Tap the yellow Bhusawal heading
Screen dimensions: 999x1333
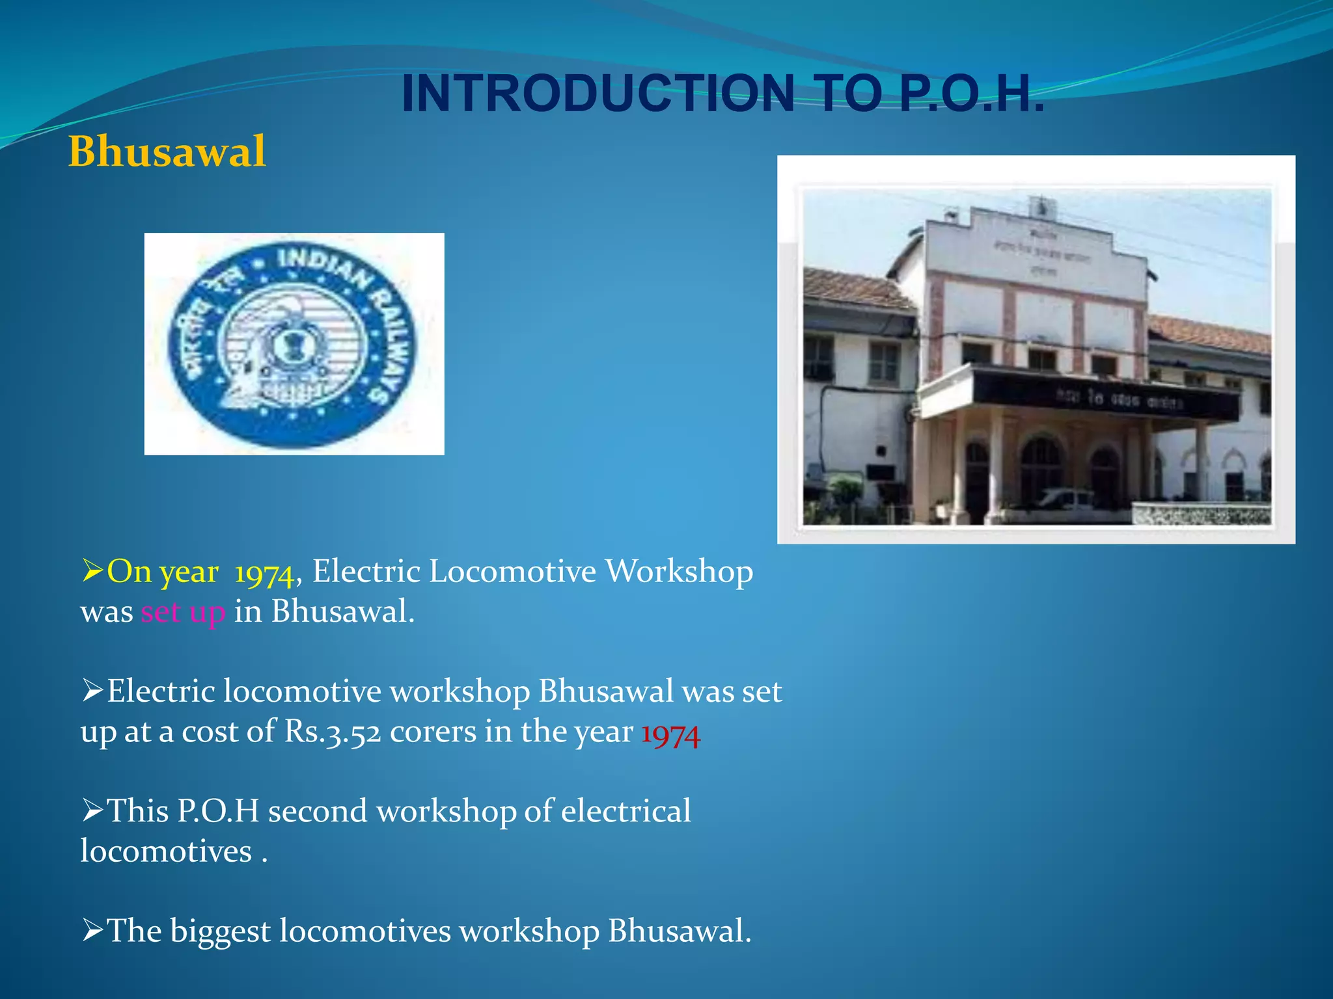(x=167, y=152)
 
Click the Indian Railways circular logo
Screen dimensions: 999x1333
(x=293, y=343)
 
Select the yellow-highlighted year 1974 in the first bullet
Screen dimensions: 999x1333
(x=264, y=573)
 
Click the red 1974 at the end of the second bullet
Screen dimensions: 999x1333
(x=670, y=734)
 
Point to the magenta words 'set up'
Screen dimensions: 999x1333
(x=183, y=612)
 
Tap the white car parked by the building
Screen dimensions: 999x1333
(x=1065, y=499)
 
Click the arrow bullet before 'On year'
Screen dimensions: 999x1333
(x=93, y=571)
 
